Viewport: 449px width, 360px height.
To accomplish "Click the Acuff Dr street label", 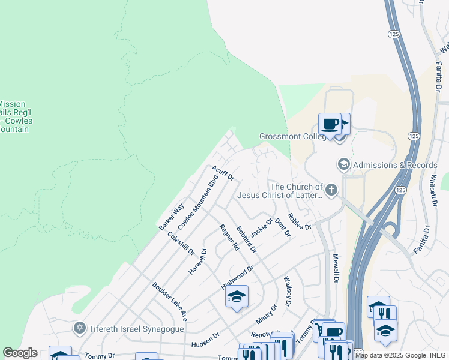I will point(223,173).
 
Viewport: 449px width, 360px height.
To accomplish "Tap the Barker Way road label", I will point(172,218).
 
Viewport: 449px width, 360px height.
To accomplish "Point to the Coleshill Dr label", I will point(181,244).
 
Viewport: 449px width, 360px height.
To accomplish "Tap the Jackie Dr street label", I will point(262,227).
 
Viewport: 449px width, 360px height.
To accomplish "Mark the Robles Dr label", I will point(299,221).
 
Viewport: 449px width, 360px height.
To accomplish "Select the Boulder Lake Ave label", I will point(170,302).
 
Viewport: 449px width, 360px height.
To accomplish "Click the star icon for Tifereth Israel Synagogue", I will point(79,328).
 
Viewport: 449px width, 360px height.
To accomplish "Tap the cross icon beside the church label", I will point(331,190).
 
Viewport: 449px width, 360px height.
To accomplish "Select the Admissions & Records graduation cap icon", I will point(344,164).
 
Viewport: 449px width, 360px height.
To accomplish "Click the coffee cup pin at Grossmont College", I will point(329,124).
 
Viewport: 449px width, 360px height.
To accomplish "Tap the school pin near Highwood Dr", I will point(237,296).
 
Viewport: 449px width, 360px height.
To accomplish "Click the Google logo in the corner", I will point(20,353).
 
